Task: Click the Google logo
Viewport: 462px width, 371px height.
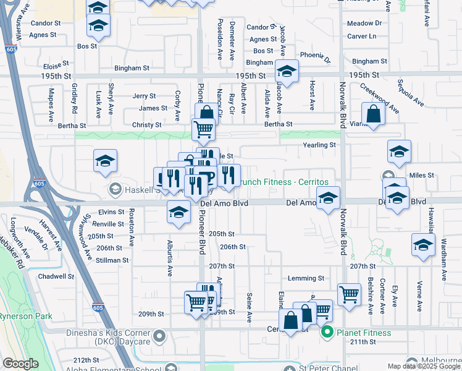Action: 20,364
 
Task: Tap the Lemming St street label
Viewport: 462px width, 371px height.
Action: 305,279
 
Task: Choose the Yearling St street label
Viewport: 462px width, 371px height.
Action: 319,145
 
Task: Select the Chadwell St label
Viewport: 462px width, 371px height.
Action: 56,276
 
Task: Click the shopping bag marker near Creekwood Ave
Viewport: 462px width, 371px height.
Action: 374,114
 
